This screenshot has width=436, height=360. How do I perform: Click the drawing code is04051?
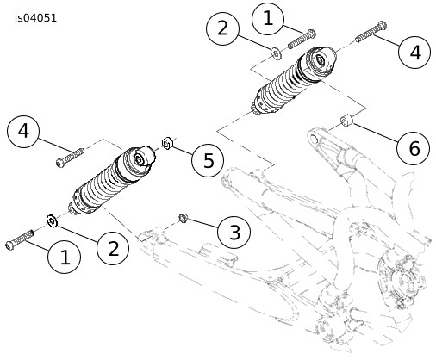(36, 18)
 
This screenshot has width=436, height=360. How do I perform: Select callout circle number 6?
(414, 148)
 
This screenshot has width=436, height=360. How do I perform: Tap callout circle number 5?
(208, 160)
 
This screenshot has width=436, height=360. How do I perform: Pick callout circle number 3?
(234, 232)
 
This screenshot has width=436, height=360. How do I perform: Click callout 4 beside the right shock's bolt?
(414, 53)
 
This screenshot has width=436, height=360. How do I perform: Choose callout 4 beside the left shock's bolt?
(23, 132)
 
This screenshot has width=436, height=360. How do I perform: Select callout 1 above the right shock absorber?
(268, 19)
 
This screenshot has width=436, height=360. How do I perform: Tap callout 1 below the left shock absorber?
(65, 257)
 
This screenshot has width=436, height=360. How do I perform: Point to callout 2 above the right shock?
(222, 28)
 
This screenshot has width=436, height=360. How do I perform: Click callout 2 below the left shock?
(113, 248)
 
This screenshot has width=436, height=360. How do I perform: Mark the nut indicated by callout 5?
(167, 143)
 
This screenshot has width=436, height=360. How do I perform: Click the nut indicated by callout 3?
(183, 218)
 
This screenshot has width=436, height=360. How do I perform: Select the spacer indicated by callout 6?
(346, 121)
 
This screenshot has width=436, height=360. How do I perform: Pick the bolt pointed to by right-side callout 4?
(371, 32)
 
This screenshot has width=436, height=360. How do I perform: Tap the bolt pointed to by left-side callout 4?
(70, 158)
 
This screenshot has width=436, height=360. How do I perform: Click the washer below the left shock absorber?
(52, 220)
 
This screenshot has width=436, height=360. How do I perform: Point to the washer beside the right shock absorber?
(277, 53)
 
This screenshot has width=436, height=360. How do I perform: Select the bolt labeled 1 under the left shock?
(20, 239)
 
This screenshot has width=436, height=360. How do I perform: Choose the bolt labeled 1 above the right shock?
(302, 39)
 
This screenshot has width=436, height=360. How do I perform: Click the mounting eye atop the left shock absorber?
(140, 159)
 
